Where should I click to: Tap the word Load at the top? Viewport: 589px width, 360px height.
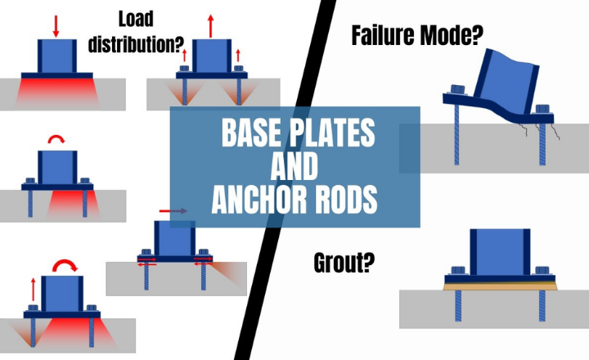coord(137,18)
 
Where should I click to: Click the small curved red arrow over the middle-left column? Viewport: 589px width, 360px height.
coord(56,142)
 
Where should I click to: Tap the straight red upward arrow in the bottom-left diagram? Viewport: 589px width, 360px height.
coord(33,289)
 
